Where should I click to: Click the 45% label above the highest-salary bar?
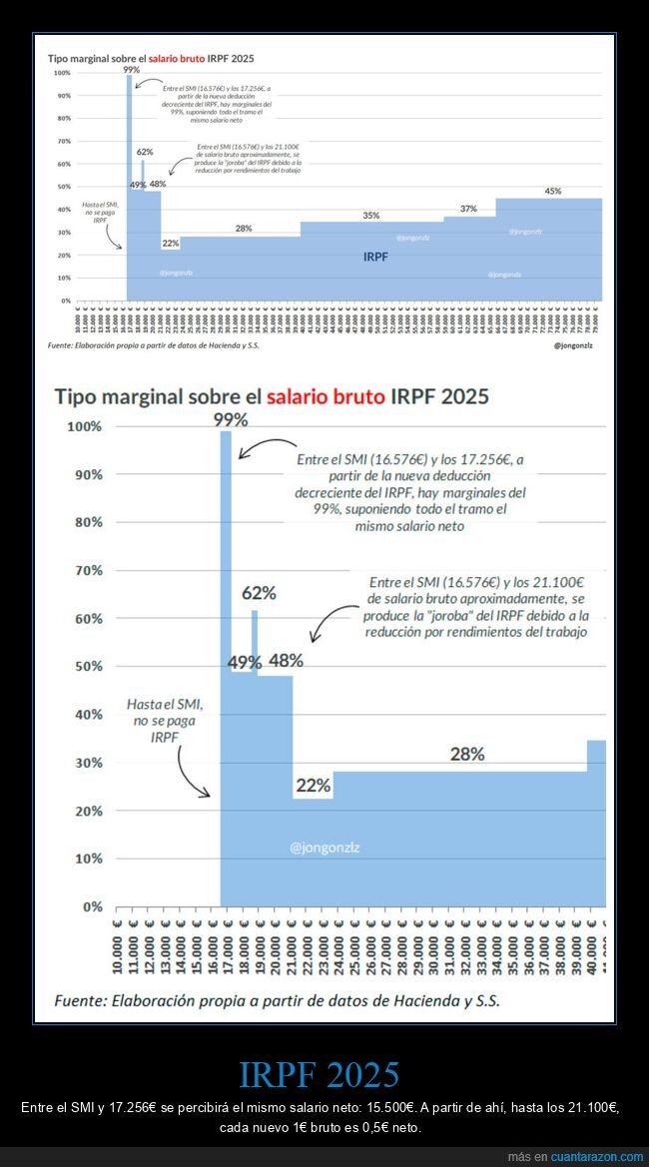[552, 191]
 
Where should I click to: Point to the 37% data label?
[468, 209]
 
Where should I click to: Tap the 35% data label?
[370, 216]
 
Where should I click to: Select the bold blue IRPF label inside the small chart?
[375, 257]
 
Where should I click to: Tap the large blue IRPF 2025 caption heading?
[320, 1074]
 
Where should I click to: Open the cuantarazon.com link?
[597, 1156]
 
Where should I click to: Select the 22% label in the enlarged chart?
[314, 786]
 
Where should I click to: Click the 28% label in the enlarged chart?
[467, 755]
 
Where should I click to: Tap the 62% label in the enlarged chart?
[259, 593]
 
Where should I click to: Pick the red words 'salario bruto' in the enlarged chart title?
[324, 396]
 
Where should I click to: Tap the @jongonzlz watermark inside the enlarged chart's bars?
[324, 848]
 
